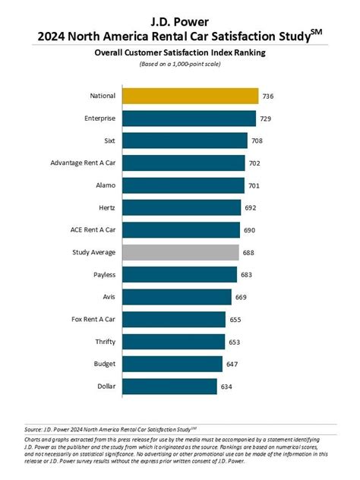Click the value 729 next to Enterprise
[x=267, y=118]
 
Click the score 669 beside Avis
[x=245, y=297]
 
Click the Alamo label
[x=105, y=185]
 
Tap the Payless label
[x=103, y=274]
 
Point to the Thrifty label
[x=104, y=342]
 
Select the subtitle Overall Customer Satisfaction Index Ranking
[x=179, y=53]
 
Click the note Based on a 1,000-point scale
[x=179, y=65]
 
